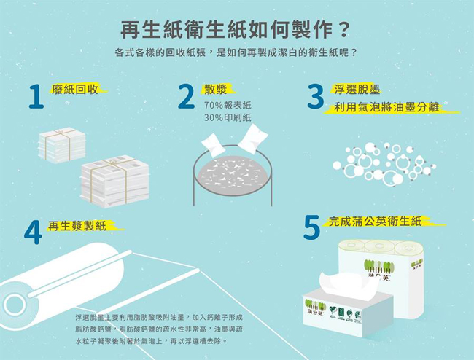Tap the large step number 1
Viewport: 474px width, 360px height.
tap(35, 97)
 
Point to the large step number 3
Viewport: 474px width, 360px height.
tap(316, 96)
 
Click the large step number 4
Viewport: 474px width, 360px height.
tap(33, 232)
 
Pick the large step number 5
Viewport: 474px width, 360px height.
tap(311, 227)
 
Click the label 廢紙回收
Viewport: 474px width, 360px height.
tap(75, 89)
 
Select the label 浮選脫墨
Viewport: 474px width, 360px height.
tap(357, 89)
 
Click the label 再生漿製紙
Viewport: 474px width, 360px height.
tap(77, 225)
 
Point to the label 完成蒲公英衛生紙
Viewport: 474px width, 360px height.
tap(375, 220)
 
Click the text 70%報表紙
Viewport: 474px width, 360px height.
tap(228, 106)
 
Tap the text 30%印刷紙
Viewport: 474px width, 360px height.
tap(228, 117)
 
